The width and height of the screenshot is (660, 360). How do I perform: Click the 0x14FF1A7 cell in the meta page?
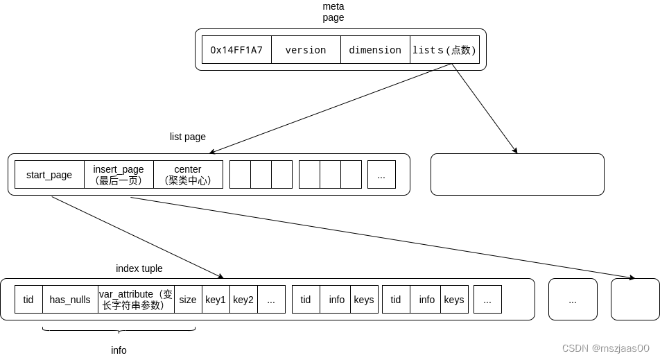pyautogui.click(x=236, y=50)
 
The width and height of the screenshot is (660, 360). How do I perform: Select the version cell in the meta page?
pyautogui.click(x=306, y=50)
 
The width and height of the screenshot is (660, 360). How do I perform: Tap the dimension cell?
pyautogui.click(x=375, y=50)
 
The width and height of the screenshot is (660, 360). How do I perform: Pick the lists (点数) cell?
pyautogui.click(x=444, y=50)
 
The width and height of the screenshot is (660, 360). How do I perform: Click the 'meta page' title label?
pyautogui.click(x=333, y=12)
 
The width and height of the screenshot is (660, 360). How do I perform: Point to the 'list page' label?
pyautogui.click(x=188, y=137)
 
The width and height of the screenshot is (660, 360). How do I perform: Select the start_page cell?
pyautogui.click(x=49, y=175)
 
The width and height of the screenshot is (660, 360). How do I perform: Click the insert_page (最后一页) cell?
pyautogui.click(x=119, y=175)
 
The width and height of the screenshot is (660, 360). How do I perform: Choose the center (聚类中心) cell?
pyautogui.click(x=188, y=175)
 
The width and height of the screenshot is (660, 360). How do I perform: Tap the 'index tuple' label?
pyautogui.click(x=139, y=268)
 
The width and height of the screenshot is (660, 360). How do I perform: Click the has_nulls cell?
pyautogui.click(x=70, y=300)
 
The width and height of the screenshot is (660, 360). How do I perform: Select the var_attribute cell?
pyautogui.click(x=136, y=300)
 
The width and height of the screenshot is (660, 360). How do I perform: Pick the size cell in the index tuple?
pyautogui.click(x=188, y=300)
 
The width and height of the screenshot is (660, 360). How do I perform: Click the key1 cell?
pyautogui.click(x=216, y=300)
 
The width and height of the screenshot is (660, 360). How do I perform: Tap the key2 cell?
pyautogui.click(x=243, y=300)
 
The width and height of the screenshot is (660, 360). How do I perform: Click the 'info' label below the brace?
pyautogui.click(x=119, y=350)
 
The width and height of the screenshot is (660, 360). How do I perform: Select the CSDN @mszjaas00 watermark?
pyautogui.click(x=605, y=348)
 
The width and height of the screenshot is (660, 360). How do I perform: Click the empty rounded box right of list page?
pyautogui.click(x=517, y=174)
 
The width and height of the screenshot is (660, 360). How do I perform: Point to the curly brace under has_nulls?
pyautogui.click(x=119, y=330)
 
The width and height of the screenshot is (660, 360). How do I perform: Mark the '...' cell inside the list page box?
pyautogui.click(x=381, y=175)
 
